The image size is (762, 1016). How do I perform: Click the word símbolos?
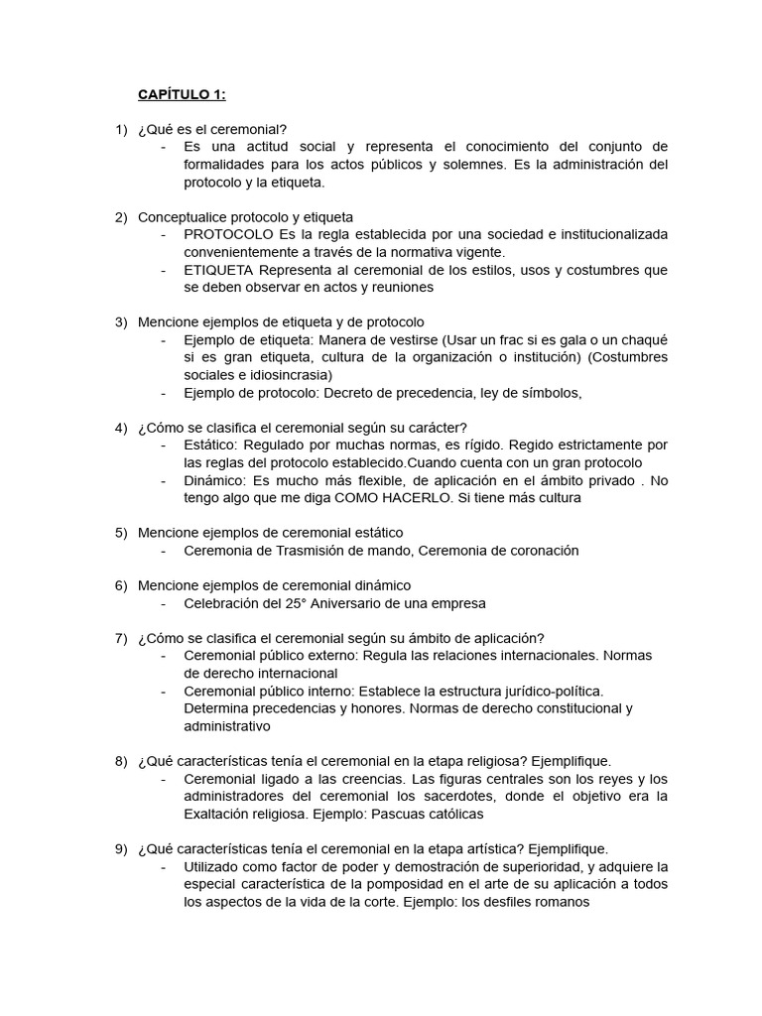[542, 393]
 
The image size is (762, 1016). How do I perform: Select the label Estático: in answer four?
[212, 444]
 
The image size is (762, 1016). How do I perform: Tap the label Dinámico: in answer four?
[216, 480]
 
